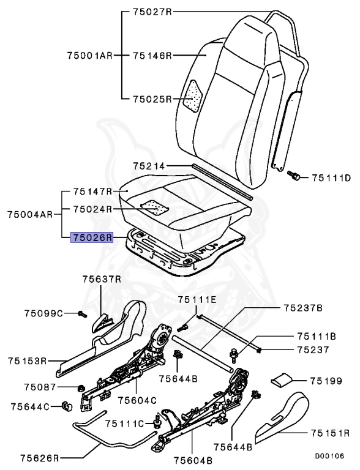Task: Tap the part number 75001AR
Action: [x=89, y=55]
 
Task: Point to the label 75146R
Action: [x=153, y=55]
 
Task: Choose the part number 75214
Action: [x=150, y=165]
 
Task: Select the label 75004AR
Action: [x=30, y=214]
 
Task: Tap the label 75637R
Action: [x=102, y=279]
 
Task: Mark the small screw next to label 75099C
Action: [x=81, y=315]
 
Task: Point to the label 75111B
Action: [x=316, y=336]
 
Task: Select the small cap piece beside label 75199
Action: [x=281, y=380]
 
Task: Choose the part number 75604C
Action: [x=137, y=400]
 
